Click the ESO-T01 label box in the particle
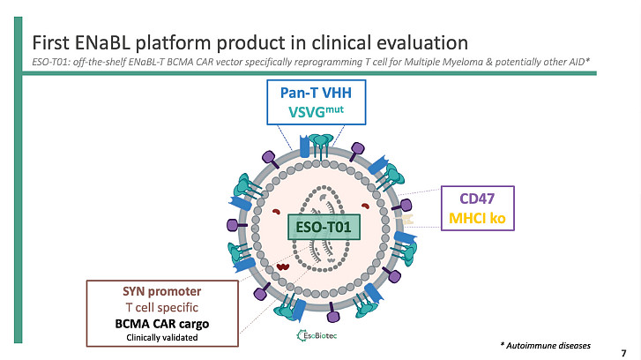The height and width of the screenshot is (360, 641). point(324,228)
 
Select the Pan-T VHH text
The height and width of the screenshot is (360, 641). point(315,93)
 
